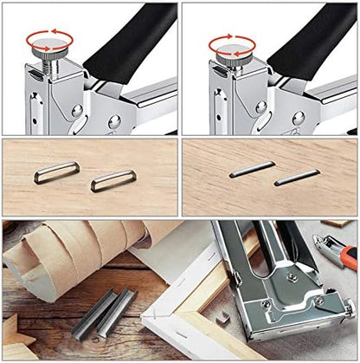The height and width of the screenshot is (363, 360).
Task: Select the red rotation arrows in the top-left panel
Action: [x=48, y=39]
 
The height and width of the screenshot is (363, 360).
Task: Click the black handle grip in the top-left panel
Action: [x=130, y=39]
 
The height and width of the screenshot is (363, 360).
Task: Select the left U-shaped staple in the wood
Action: [x=56, y=172]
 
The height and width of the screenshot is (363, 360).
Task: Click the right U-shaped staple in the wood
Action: [x=113, y=180]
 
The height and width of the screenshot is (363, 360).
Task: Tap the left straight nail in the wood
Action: [x=252, y=168]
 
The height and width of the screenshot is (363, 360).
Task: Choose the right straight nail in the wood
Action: [x=297, y=177]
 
